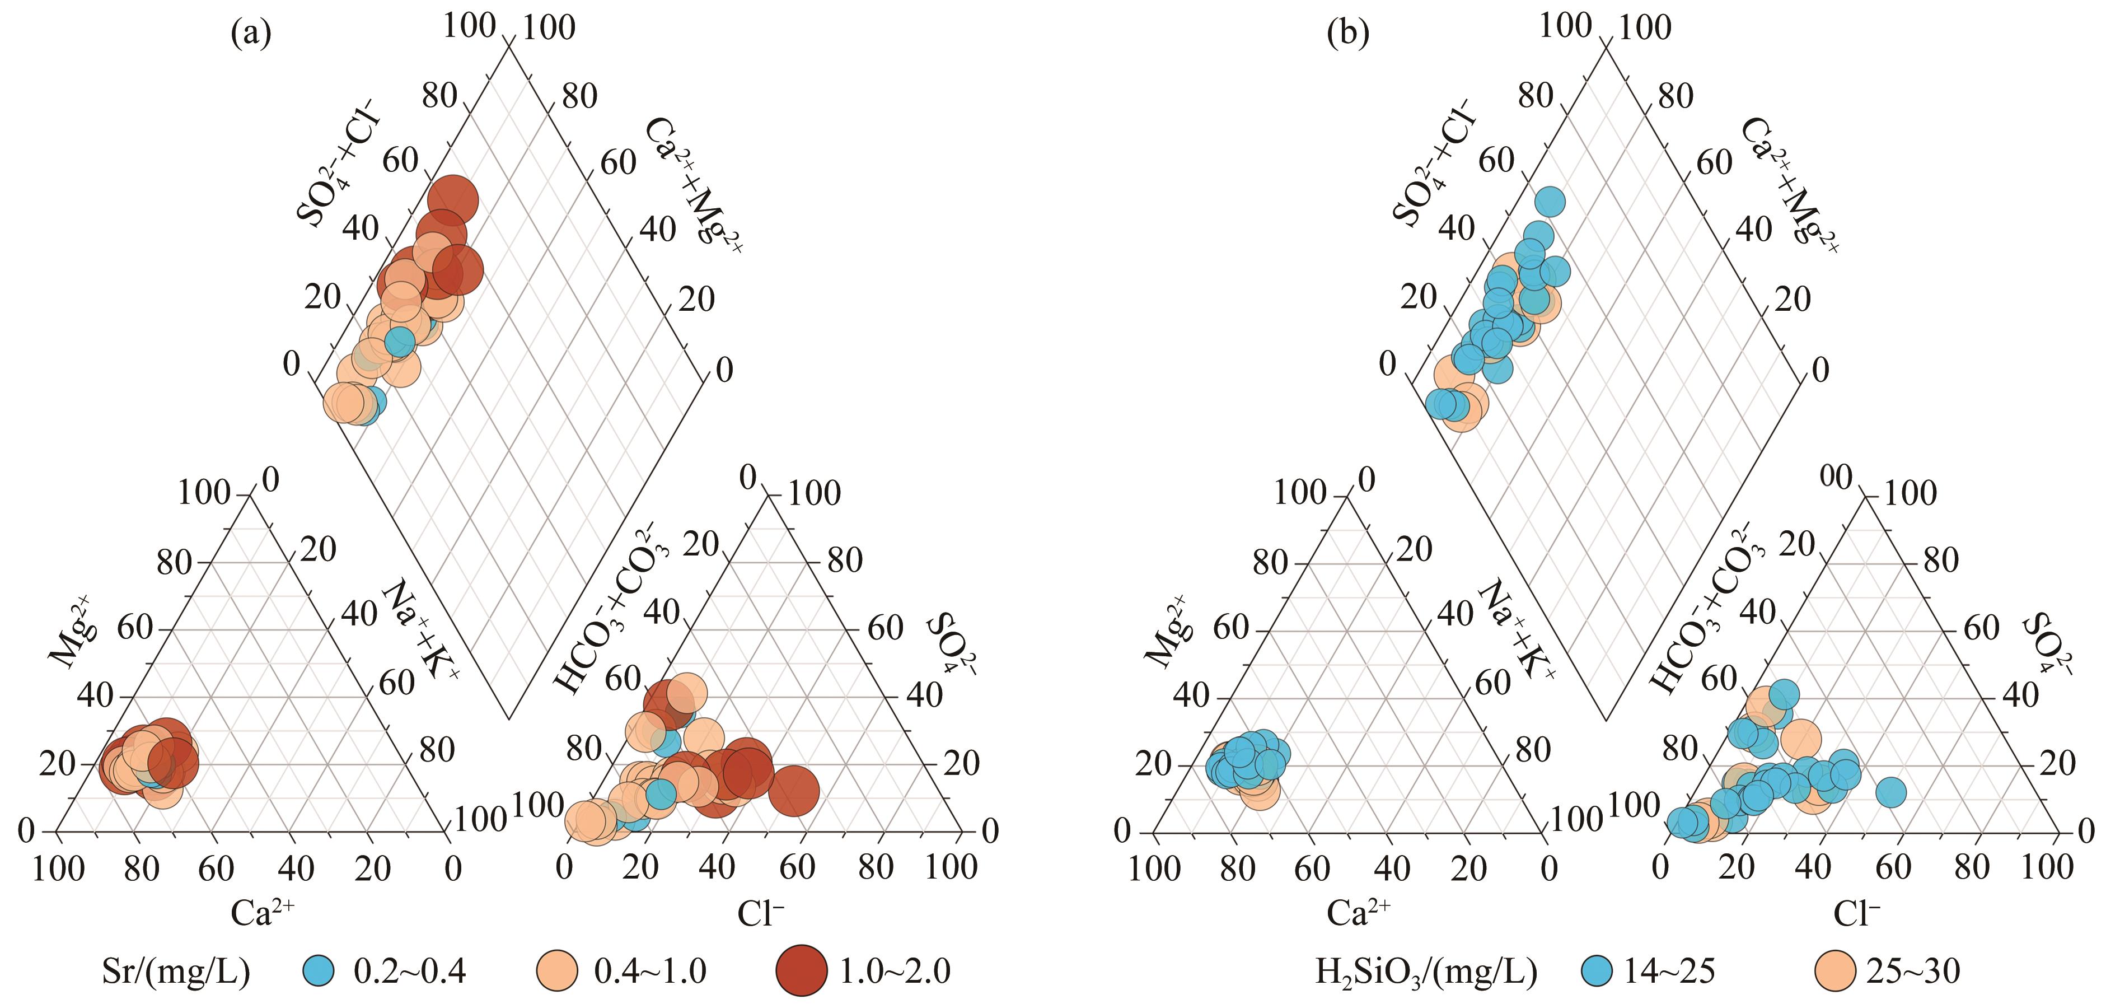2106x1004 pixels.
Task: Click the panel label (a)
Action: point(250,34)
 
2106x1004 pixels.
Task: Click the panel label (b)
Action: point(1348,34)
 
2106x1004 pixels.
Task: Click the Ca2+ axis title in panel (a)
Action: point(261,912)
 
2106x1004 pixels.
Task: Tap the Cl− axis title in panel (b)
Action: point(1856,912)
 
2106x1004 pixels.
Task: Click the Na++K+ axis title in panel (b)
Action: point(1517,628)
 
